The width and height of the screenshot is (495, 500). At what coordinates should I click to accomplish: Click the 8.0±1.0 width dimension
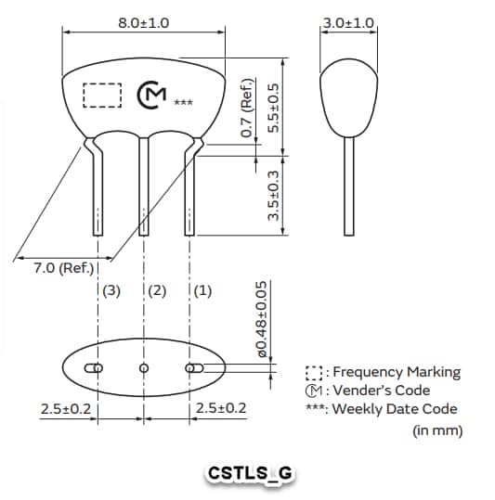[144, 21]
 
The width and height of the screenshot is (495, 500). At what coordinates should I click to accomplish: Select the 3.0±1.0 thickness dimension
[348, 21]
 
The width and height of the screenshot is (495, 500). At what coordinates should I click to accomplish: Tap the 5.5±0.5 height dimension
[273, 108]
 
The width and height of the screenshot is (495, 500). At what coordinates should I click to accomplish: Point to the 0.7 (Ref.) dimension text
[246, 109]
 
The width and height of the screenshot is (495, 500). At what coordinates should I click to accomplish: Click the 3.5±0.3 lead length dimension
[273, 194]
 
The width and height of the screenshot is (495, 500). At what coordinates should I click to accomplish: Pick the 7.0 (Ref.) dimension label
[64, 269]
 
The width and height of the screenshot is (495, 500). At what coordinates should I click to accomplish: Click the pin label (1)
[202, 290]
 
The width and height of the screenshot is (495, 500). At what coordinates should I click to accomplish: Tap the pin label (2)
[156, 290]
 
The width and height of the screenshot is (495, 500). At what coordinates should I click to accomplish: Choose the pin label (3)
[111, 290]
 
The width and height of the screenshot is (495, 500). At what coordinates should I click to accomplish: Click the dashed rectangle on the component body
[102, 96]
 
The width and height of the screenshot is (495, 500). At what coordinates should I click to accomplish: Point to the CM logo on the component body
[151, 96]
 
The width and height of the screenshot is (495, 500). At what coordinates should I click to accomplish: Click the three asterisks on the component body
[183, 101]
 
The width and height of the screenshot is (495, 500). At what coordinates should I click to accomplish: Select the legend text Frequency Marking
[396, 372]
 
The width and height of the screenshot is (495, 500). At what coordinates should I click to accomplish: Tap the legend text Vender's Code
[381, 390]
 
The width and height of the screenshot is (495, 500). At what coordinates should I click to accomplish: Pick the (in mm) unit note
[436, 430]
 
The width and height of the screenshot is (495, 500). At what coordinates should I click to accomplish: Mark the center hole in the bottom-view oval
[144, 368]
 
